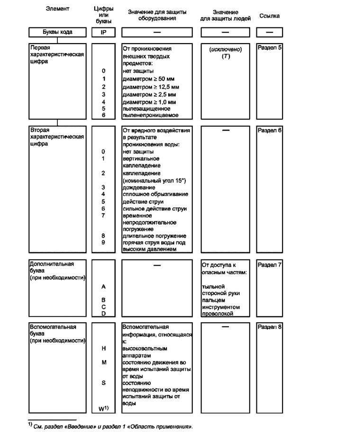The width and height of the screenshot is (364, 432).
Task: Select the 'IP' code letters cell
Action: click(x=103, y=32)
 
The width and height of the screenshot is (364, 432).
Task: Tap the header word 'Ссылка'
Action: click(x=269, y=16)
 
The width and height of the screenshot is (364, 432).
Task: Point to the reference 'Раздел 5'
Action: click(x=269, y=48)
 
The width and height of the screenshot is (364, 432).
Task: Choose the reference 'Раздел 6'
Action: click(x=269, y=130)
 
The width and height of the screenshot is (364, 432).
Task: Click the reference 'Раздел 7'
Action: click(x=269, y=264)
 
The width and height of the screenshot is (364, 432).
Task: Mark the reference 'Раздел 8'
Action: click(x=269, y=327)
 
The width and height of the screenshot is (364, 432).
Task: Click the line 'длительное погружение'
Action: click(x=154, y=236)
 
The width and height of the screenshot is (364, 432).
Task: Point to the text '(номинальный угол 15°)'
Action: click(x=154, y=180)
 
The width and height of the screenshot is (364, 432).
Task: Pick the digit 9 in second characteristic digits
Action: click(x=103, y=243)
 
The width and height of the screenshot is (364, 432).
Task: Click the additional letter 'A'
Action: click(x=103, y=287)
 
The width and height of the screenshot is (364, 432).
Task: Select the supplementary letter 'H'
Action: click(x=103, y=348)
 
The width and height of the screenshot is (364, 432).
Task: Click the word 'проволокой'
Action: click(x=218, y=314)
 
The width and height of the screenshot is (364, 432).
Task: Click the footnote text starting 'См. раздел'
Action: click(x=114, y=426)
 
